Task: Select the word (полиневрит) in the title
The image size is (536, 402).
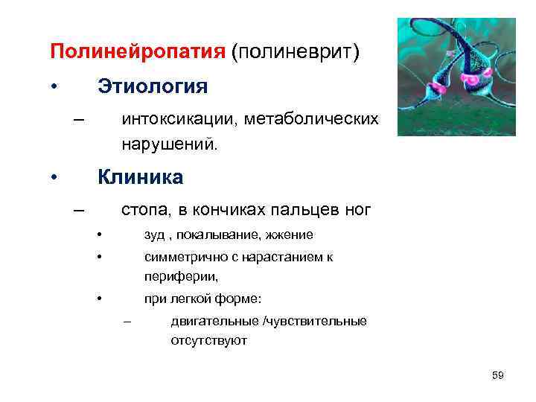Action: coord(295,52)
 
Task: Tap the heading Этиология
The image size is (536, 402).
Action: coord(153,87)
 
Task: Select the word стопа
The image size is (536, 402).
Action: coord(144,210)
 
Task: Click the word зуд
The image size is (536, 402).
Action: coord(154,235)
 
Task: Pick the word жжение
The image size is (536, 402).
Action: coord(287,235)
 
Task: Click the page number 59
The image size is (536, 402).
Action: coord(498,375)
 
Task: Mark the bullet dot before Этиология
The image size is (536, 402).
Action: coord(54,87)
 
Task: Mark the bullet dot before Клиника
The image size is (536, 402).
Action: coord(54,179)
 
